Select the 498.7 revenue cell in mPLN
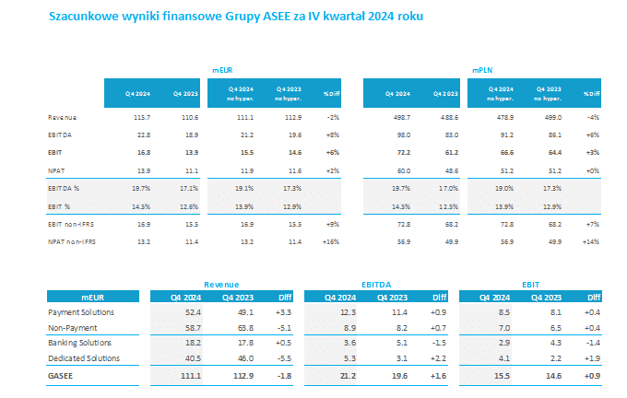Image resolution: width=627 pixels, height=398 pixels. coord(399,118)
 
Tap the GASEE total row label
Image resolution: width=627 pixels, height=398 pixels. coord(63,377)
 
